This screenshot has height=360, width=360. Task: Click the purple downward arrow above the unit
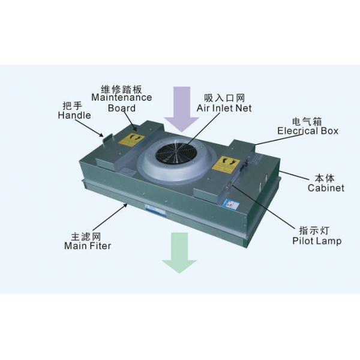click(182, 108)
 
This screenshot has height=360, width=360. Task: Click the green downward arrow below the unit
click(179, 252)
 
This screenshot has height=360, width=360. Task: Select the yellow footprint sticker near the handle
click(131, 139)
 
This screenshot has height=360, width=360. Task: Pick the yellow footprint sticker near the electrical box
click(226, 164)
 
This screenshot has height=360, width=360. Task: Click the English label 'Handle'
click(74, 115)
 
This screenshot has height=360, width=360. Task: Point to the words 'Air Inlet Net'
click(224, 108)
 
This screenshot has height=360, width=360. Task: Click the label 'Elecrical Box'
click(308, 131)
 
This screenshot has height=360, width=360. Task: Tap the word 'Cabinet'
click(326, 188)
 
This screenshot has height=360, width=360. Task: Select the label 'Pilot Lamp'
click(317, 241)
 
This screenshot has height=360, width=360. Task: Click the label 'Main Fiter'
click(88, 246)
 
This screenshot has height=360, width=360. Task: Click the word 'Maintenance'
click(122, 97)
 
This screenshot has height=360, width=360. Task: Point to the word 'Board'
click(122, 108)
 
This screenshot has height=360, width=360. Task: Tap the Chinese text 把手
click(73, 106)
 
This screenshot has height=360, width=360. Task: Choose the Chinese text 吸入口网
click(224, 98)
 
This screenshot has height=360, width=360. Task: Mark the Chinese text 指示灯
click(314, 231)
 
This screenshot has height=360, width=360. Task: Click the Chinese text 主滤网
click(86, 236)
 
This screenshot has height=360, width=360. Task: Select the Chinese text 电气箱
click(307, 121)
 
